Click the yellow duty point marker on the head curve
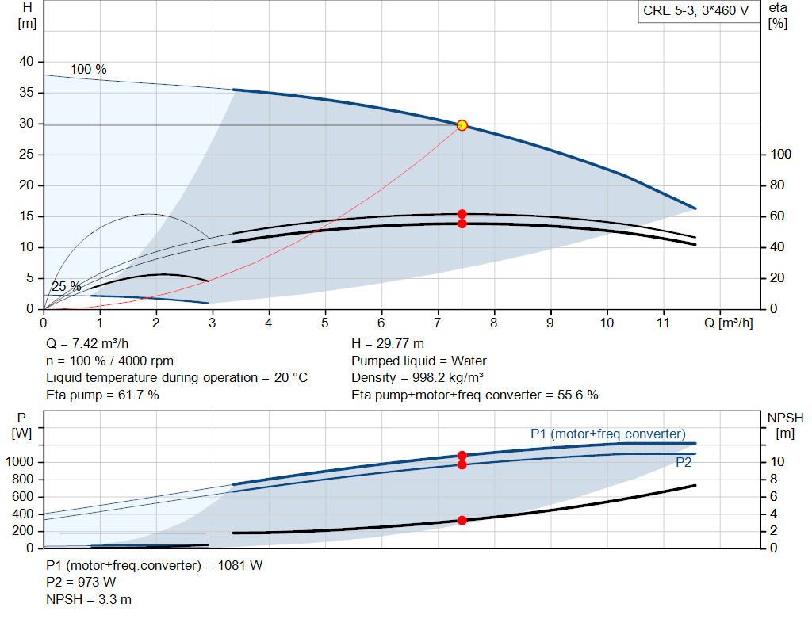(462, 124)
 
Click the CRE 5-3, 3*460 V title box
(695, 12)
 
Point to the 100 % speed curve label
(89, 70)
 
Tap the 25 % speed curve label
(67, 286)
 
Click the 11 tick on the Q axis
(663, 323)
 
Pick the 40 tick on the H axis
(27, 62)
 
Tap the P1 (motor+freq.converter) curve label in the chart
(608, 434)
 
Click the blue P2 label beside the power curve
(684, 463)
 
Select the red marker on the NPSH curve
(462, 521)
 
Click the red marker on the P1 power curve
(462, 456)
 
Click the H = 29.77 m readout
(388, 344)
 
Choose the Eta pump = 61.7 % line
(102, 395)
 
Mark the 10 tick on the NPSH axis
(777, 462)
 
